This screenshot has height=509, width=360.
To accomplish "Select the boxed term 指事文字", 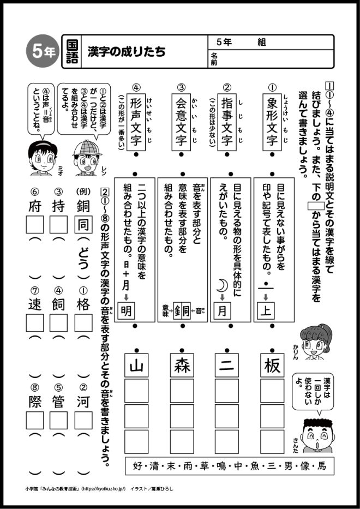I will coord(227,121).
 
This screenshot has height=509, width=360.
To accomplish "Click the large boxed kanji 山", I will coord(136,365).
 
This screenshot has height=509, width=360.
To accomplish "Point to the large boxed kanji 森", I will coord(182,365).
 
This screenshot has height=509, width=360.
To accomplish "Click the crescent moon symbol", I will coord(223,285).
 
